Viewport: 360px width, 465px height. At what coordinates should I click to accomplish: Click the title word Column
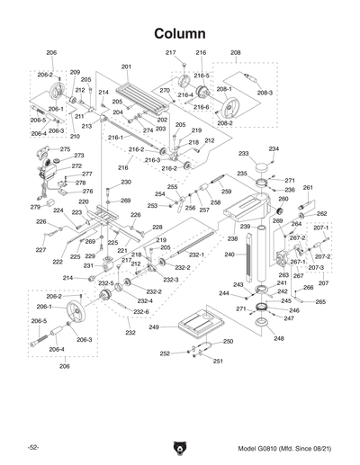tap(180, 32)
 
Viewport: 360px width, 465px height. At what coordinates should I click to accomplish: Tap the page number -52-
tap(32, 447)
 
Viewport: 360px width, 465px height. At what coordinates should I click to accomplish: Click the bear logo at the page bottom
tap(180, 445)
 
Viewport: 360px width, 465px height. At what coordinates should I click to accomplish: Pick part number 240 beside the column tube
tap(229, 255)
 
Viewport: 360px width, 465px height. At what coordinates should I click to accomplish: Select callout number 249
tap(154, 326)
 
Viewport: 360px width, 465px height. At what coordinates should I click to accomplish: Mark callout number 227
tap(40, 249)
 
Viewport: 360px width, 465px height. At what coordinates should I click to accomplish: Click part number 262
tap(321, 213)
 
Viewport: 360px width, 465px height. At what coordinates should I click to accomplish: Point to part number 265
tap(320, 302)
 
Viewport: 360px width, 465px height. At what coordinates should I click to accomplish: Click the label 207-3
tap(316, 268)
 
